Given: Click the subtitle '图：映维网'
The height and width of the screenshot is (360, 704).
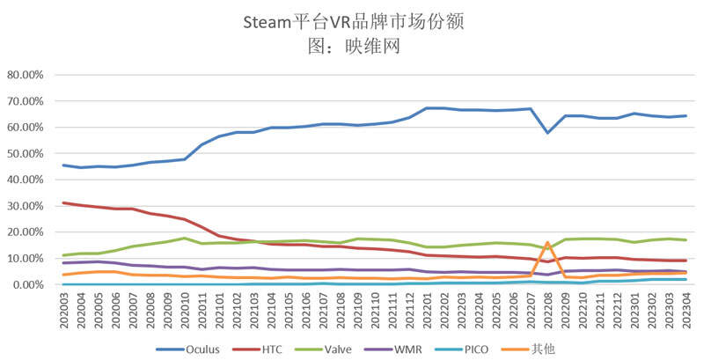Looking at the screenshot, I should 352,47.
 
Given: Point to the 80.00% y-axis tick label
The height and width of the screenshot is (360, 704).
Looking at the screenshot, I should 30,75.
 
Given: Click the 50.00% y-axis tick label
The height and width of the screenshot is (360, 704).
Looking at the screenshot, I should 30,153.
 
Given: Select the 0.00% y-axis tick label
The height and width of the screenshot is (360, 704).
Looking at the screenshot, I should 33,284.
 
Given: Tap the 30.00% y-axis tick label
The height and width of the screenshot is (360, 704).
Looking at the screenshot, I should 30,206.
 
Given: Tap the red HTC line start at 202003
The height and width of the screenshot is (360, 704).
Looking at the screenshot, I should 63,202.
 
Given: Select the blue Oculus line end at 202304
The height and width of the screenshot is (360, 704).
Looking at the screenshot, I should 686,115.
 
